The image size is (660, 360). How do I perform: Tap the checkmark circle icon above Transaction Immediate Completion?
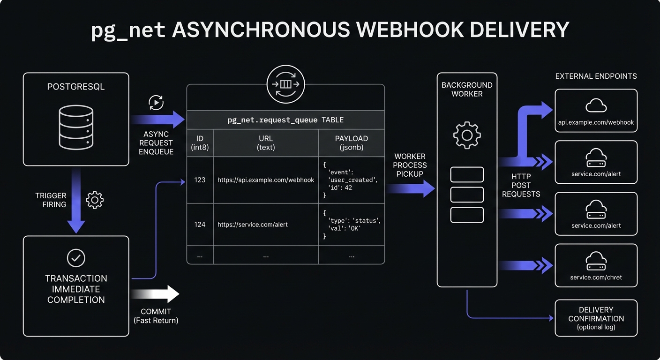pos(76,258)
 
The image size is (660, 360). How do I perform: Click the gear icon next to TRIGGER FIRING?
pos(95,200)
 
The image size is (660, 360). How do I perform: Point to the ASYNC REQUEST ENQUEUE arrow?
pos(157,120)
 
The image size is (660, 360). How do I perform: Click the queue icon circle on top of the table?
pos(285,85)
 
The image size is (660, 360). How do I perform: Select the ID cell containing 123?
pos(200,180)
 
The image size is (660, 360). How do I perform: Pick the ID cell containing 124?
pos(200,225)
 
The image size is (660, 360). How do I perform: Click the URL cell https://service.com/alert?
pos(253,225)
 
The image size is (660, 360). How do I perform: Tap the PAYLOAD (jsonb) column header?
pos(351,143)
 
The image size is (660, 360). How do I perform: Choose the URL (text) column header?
pos(265,143)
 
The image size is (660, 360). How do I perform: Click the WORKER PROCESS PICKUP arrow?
pos(410,188)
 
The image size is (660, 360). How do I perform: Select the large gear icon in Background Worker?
pos(466,135)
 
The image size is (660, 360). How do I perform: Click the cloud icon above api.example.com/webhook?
pos(596,105)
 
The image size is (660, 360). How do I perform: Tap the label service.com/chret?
pos(596,277)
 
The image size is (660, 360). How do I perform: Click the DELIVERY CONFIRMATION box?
pos(596,318)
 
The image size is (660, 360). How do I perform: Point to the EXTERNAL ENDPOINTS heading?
pos(596,76)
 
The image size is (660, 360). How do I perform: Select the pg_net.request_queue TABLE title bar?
pos(285,120)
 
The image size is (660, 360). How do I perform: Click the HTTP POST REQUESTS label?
pos(521,185)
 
